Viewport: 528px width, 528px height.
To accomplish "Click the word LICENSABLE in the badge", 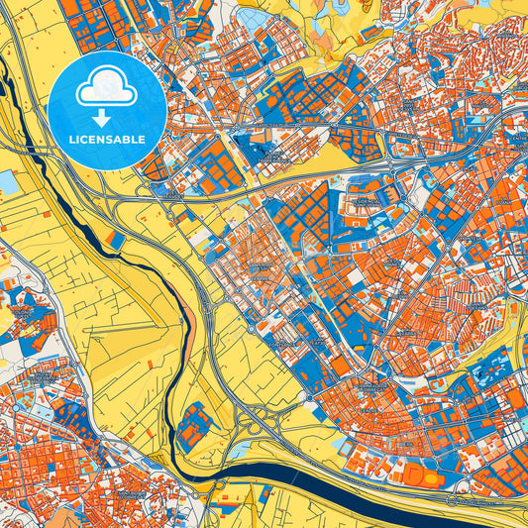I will pyautogui.click(x=106, y=140).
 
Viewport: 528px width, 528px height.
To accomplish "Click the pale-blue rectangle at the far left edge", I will pyautogui.click(x=7, y=181).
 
